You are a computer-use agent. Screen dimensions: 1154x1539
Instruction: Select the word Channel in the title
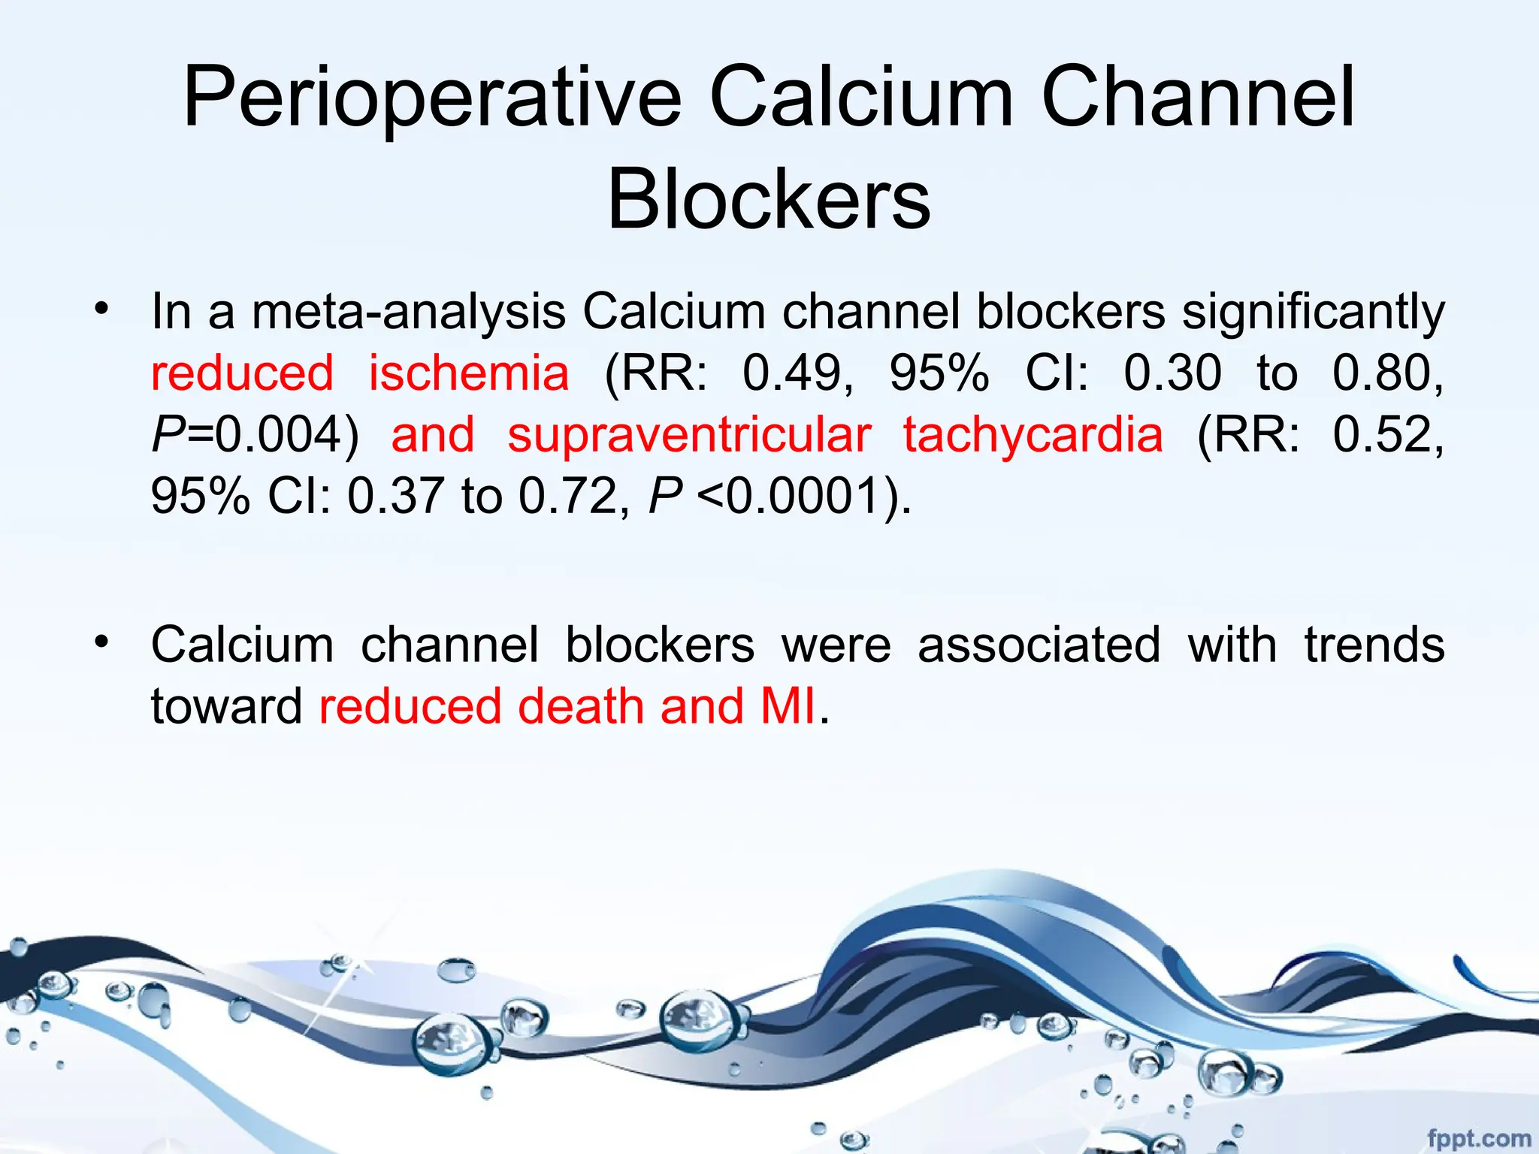click(1198, 98)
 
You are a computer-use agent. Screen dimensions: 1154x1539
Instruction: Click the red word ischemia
click(469, 373)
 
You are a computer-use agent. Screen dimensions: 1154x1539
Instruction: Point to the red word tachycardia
click(1033, 435)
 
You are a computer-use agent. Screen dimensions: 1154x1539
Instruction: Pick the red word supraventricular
click(689, 435)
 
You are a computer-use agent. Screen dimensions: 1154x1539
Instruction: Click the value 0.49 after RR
click(797, 373)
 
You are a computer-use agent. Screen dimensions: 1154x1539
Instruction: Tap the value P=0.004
click(255, 435)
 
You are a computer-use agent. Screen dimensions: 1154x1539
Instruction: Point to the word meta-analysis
click(408, 312)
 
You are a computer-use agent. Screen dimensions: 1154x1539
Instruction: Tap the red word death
click(581, 707)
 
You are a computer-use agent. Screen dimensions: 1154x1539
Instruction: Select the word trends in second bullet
click(1374, 645)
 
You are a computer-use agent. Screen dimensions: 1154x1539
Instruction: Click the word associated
click(1039, 645)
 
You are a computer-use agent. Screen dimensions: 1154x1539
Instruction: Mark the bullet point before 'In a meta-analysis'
click(102, 308)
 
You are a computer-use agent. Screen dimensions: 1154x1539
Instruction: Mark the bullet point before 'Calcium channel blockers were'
click(102, 642)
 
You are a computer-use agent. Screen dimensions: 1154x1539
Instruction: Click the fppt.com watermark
click(1478, 1138)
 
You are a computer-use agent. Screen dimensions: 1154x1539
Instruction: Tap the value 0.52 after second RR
click(1386, 435)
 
